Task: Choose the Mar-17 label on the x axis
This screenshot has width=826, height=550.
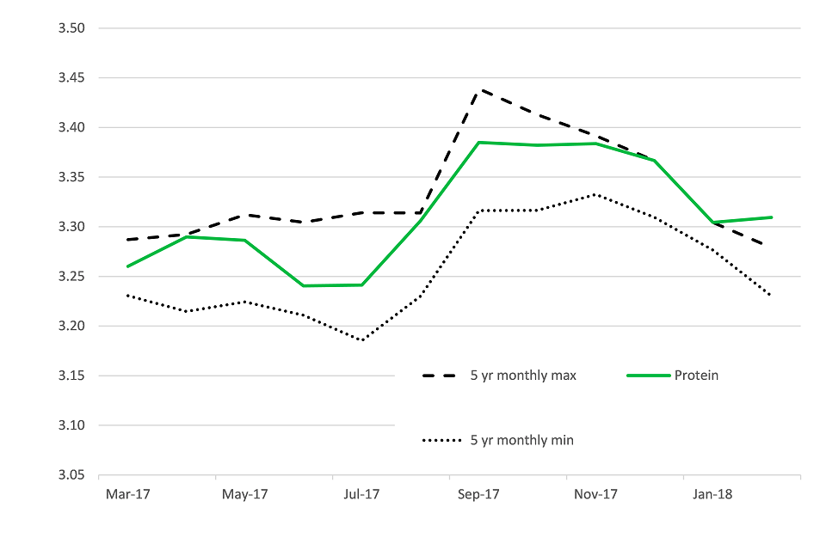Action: point(128,494)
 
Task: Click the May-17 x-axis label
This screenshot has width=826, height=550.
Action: point(245,494)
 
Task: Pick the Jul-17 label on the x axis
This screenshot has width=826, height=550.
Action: point(362,494)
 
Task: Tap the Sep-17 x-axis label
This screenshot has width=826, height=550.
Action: point(479,494)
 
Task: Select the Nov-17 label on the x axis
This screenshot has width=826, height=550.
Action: point(596,494)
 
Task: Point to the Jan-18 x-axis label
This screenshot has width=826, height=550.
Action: point(713,494)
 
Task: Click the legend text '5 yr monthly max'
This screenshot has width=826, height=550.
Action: point(523,376)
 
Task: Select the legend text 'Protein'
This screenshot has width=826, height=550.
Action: point(696,376)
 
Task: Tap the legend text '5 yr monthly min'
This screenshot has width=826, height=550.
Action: point(522,440)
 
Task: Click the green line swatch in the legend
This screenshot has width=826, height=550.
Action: point(648,376)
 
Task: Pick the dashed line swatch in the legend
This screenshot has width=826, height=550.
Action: point(441,376)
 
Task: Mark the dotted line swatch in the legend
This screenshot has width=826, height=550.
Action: point(441,440)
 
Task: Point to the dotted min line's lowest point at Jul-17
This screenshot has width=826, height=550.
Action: point(362,340)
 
